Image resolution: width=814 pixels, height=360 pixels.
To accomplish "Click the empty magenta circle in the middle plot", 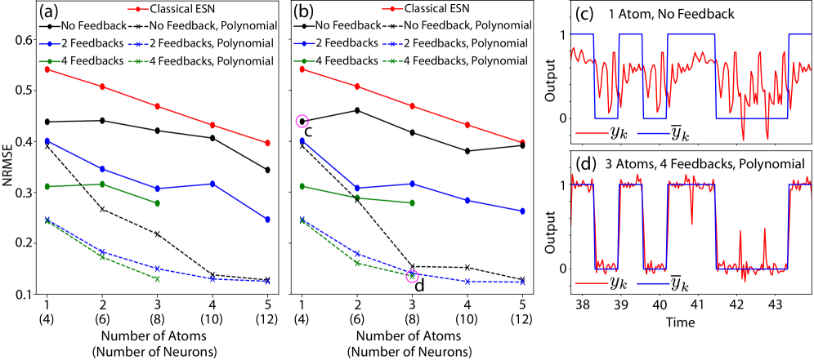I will [302, 122].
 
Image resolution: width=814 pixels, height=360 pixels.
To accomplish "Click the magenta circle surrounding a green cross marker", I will [412, 276].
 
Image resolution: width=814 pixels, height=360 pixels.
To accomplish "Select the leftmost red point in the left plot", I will [47, 69].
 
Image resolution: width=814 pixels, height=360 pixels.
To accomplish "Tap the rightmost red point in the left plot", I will [267, 143].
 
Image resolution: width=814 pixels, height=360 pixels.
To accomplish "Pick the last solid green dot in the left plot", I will [157, 202].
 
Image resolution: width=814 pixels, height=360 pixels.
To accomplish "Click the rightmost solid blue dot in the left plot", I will [267, 219].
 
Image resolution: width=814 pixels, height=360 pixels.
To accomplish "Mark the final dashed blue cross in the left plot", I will [267, 282].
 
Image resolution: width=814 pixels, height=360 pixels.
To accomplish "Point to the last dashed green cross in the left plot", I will [157, 278].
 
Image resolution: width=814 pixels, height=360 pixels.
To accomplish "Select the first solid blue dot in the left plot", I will [47, 140].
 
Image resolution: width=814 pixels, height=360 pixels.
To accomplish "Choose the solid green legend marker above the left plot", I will [49, 61].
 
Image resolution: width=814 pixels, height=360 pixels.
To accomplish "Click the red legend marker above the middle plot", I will [392, 9].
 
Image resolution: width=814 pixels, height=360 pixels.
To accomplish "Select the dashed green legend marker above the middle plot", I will [392, 61].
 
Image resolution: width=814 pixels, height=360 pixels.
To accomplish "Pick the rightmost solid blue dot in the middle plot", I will [522, 211].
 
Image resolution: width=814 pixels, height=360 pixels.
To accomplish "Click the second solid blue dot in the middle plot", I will [356, 188].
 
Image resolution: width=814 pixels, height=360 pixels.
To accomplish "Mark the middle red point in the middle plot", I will [412, 106].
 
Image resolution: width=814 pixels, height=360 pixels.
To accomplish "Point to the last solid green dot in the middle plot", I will [412, 202].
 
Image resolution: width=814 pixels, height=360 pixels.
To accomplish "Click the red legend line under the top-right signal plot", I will [592, 133].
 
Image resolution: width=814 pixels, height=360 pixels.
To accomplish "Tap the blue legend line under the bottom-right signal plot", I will [653, 283].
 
